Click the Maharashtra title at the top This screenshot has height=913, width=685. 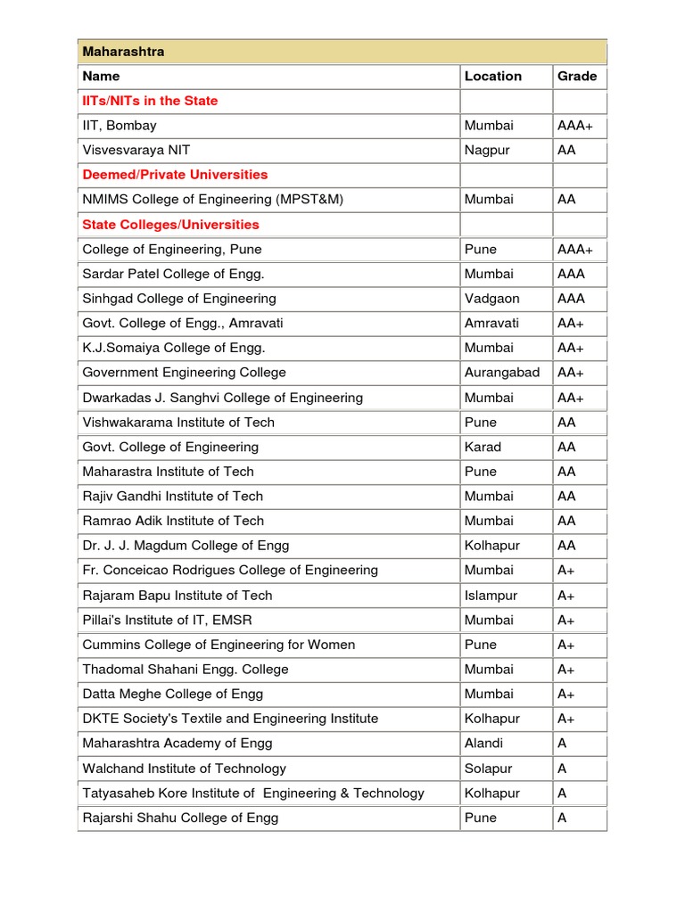click(123, 52)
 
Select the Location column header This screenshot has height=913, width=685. click(492, 76)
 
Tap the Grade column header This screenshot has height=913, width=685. click(577, 76)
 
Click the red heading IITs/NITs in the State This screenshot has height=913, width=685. click(150, 101)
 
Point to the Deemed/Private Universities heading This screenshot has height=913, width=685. click(175, 175)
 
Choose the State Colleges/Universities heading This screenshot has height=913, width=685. click(170, 225)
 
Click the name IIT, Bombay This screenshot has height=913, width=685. click(120, 126)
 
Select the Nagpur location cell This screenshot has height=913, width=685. click(487, 150)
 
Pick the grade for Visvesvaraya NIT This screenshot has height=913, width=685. click(566, 150)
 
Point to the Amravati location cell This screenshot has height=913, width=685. click(491, 323)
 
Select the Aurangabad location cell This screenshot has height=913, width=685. click(501, 373)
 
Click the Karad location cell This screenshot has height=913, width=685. click(483, 447)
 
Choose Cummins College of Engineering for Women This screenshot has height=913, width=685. click(219, 645)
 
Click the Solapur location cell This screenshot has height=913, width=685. click(488, 769)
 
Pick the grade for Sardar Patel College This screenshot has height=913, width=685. click(571, 274)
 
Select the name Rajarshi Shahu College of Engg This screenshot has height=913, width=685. click(180, 818)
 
